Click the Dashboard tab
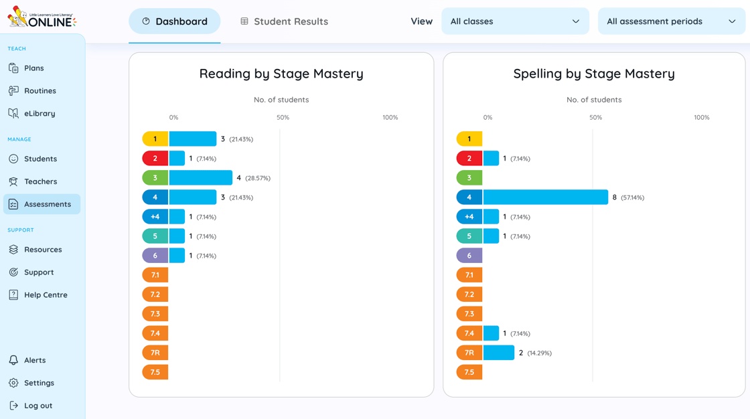[174, 21]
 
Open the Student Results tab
[284, 21]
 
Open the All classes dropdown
[514, 21]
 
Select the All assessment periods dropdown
[670, 21]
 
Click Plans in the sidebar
[33, 68]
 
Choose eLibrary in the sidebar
[40, 114]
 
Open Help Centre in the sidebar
[46, 295]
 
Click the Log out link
[37, 406]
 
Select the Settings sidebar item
[39, 383]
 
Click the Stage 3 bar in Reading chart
[200, 178]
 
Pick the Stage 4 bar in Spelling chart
[545, 197]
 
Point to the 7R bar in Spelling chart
[498, 353]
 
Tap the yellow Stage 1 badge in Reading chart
[155, 139]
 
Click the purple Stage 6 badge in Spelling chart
[469, 256]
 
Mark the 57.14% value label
[632, 198]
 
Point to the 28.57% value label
[258, 179]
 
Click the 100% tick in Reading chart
[390, 118]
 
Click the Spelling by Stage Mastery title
[593, 74]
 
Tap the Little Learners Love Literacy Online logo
[42, 18]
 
